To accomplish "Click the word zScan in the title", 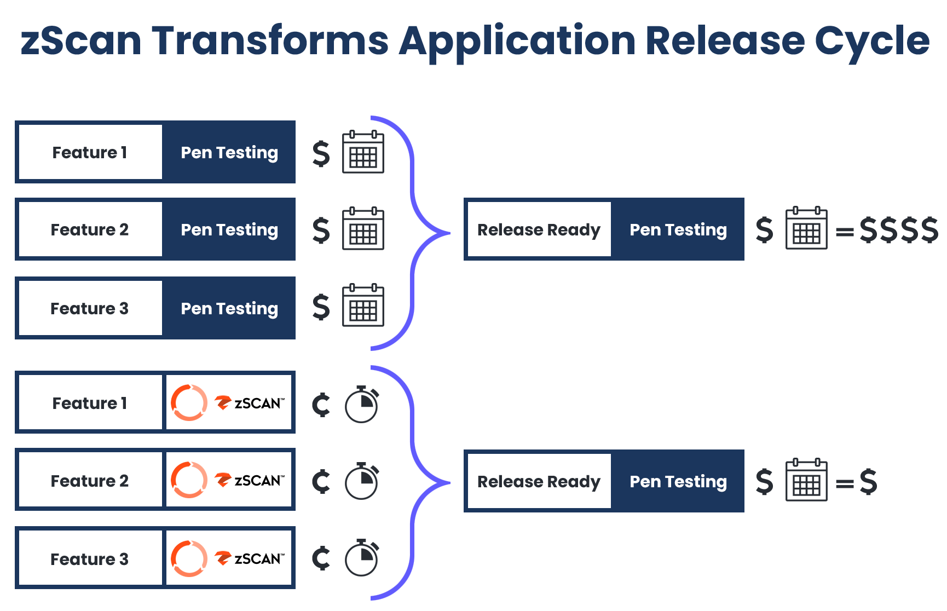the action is [x=81, y=41].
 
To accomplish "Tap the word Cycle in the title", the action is [x=872, y=43].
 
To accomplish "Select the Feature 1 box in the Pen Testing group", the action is [x=90, y=152].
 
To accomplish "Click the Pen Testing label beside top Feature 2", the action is [x=229, y=230].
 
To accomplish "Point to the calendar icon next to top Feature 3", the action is [x=363, y=305].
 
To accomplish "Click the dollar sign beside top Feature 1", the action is [x=321, y=153].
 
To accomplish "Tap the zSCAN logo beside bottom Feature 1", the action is [x=250, y=403].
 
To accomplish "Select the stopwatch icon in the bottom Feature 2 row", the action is [x=362, y=481].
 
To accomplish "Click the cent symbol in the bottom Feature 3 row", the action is [x=321, y=558].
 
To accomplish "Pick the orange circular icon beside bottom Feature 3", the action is [x=189, y=559].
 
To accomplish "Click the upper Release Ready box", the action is [x=539, y=229].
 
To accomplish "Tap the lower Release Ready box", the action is [x=539, y=481].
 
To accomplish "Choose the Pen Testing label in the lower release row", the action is [x=678, y=482].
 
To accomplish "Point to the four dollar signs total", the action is [x=899, y=229].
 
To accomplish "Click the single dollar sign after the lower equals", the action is [x=869, y=482].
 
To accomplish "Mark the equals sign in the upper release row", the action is [x=845, y=232].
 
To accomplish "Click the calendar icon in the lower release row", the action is [x=806, y=480].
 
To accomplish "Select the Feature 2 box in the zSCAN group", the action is [x=90, y=480].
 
